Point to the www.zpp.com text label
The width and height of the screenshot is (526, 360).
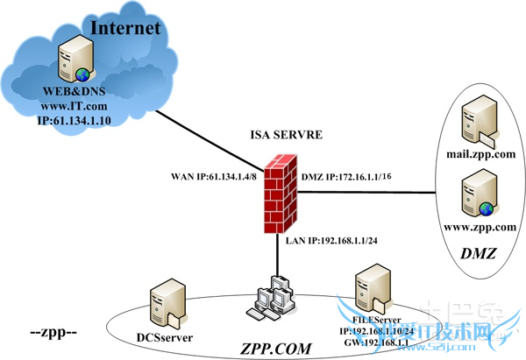(478, 224)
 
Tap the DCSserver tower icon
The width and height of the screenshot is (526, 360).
(166, 300)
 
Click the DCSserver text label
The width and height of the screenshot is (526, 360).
(165, 336)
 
